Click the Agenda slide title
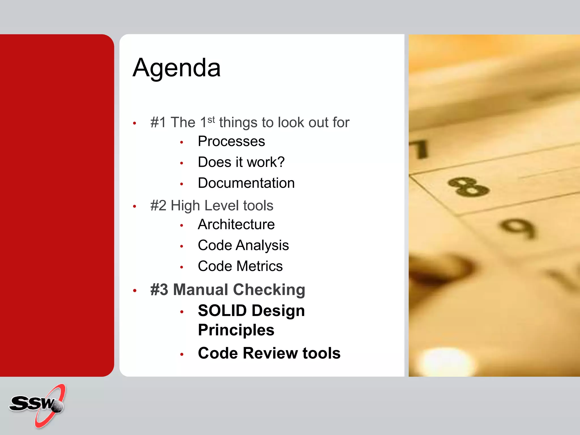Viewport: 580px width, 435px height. click(x=176, y=68)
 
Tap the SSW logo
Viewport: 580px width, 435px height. click(x=37, y=405)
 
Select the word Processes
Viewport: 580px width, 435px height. click(x=231, y=141)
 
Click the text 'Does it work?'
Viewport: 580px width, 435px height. click(x=241, y=162)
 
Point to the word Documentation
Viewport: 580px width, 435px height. click(x=246, y=183)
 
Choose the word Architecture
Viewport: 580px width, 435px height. click(x=236, y=225)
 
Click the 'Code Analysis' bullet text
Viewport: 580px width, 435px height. click(x=243, y=245)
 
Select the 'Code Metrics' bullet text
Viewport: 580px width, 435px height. click(x=240, y=266)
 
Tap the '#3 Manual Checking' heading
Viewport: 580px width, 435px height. click(x=228, y=290)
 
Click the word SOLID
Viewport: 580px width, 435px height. click(x=222, y=311)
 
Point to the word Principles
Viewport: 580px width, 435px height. click(x=236, y=330)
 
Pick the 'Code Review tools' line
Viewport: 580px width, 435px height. click(x=269, y=353)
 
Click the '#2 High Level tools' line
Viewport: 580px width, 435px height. click(x=212, y=206)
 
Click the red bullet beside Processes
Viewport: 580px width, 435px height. click(x=182, y=142)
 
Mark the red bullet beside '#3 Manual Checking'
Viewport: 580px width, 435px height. click(x=135, y=291)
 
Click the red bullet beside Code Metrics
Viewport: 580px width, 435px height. click(x=182, y=267)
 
